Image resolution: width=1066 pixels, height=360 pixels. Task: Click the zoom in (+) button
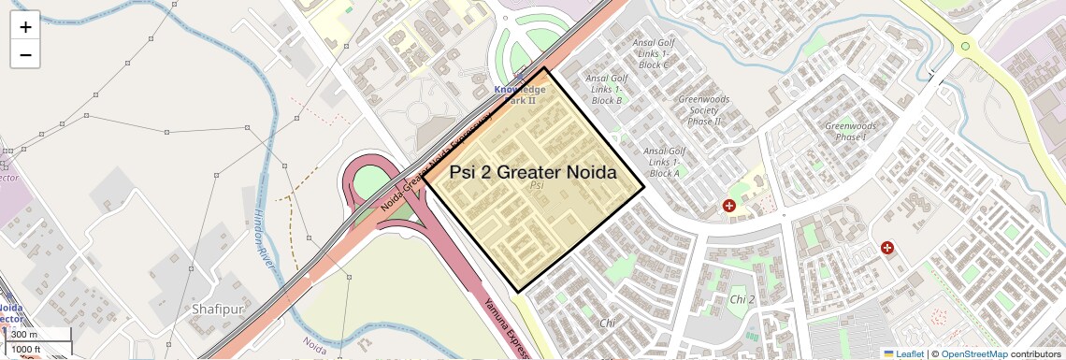[25, 26]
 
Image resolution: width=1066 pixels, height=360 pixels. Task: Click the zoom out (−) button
[25, 55]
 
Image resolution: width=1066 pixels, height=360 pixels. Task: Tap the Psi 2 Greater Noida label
[533, 172]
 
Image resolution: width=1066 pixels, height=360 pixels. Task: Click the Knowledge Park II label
[520, 94]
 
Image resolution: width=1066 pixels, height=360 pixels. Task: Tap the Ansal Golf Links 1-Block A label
[664, 162]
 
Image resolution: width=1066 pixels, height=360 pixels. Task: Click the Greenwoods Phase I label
[850, 131]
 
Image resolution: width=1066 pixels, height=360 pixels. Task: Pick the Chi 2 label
[742, 299]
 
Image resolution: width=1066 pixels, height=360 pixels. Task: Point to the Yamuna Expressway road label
[505, 325]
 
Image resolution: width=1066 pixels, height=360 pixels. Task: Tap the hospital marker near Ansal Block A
[729, 205]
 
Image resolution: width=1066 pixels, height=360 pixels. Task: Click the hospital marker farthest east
[887, 248]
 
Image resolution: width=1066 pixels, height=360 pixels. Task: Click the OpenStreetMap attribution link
[974, 353]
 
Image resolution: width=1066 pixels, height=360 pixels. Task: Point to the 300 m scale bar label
[25, 335]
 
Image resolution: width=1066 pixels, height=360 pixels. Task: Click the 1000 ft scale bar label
[25, 349]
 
